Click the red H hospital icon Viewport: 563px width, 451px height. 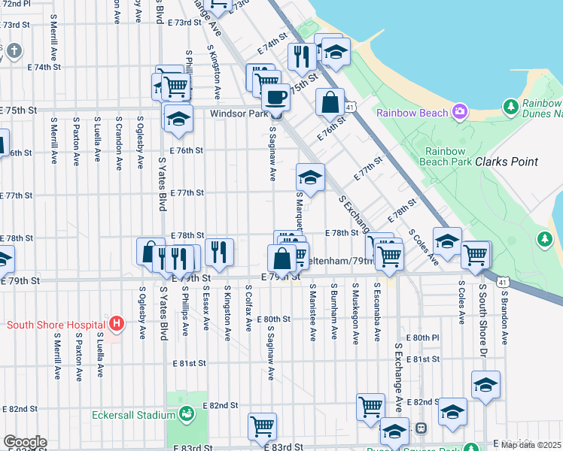point(116,325)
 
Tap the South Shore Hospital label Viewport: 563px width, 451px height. point(55,325)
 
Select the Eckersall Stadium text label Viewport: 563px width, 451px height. point(132,414)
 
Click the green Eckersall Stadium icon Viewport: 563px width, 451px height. point(184,414)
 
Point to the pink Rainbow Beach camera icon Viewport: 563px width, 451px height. point(459,113)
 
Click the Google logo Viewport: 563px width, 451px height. point(25,442)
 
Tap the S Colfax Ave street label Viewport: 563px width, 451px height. point(248,307)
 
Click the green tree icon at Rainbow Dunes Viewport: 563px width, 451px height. point(512,107)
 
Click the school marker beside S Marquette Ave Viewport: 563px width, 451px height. point(310,177)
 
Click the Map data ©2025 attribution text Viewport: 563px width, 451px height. point(531,445)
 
